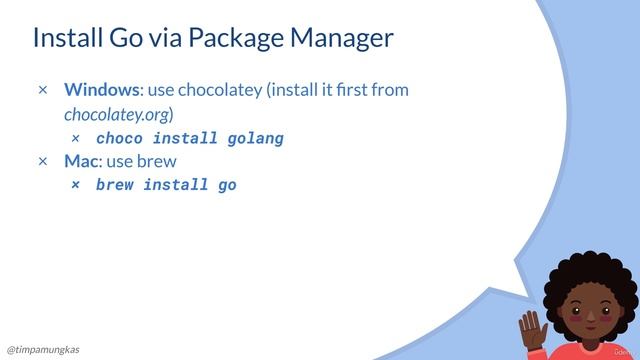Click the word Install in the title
coord(67,39)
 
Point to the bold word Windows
coord(101,90)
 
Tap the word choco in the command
coord(119,138)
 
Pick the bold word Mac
coord(80,161)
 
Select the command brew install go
coord(166,185)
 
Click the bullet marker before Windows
coord(43,91)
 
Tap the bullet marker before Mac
coord(43,161)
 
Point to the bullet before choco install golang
coord(76,138)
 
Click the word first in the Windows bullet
coord(356,90)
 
